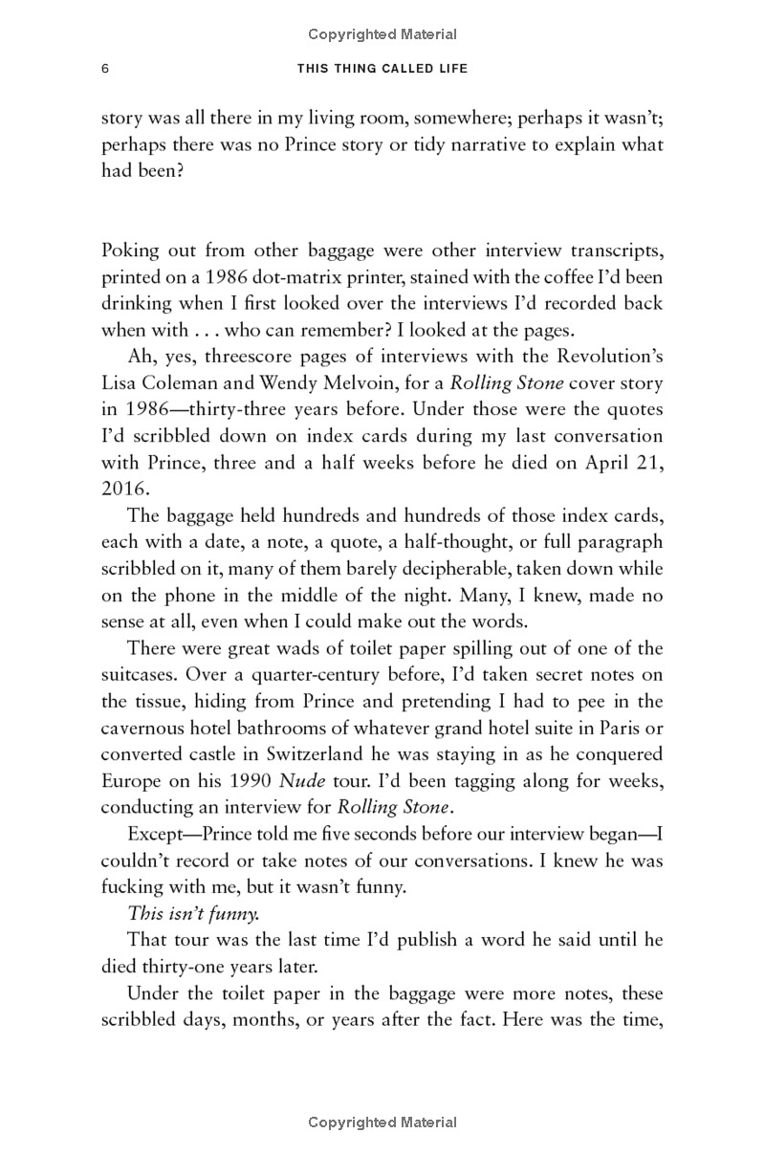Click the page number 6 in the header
(x=105, y=69)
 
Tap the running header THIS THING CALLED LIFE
(x=382, y=69)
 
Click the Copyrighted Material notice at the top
(x=382, y=34)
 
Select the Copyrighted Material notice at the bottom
(x=382, y=1122)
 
